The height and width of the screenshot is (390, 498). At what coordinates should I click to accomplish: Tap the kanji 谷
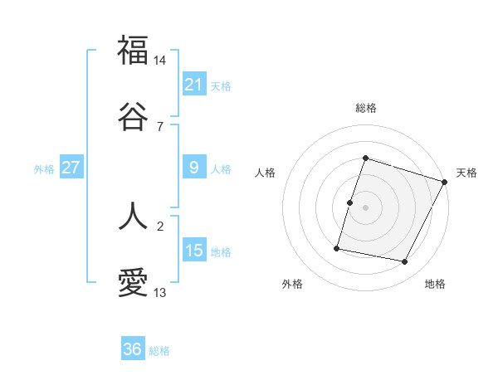[133, 117]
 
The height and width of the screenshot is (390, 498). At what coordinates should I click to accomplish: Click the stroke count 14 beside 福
[161, 60]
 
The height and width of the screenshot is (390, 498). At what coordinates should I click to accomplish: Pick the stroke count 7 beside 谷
[160, 127]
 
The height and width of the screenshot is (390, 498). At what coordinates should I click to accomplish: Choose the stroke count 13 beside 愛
[161, 293]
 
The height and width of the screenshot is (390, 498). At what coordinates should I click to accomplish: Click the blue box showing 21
[194, 84]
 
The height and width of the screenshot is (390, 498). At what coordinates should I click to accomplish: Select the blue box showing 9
[194, 168]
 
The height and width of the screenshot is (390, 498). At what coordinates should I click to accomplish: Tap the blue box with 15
[194, 250]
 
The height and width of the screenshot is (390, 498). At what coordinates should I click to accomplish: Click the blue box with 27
[71, 168]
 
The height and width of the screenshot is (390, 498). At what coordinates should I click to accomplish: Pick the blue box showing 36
[133, 349]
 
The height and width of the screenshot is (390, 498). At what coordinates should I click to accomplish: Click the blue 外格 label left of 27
[44, 169]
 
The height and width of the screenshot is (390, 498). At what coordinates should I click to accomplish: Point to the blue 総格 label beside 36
[159, 351]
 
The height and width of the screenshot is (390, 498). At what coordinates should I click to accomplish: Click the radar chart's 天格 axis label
[466, 173]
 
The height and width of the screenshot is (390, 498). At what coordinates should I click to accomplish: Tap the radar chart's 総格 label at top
[366, 109]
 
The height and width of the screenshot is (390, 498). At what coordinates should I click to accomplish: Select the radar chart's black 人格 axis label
[266, 173]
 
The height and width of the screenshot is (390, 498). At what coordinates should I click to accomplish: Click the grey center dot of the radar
[366, 207]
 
